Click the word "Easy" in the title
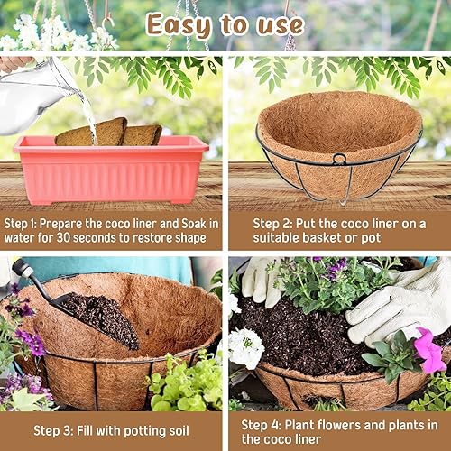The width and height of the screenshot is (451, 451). (184, 24)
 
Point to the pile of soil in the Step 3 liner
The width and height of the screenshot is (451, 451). (99, 320)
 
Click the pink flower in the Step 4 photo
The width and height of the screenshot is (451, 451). (428, 350)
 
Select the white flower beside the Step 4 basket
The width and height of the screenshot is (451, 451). (244, 347)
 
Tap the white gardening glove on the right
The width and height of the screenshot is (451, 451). (397, 302)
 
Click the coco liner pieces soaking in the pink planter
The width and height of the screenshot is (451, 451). (108, 133)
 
